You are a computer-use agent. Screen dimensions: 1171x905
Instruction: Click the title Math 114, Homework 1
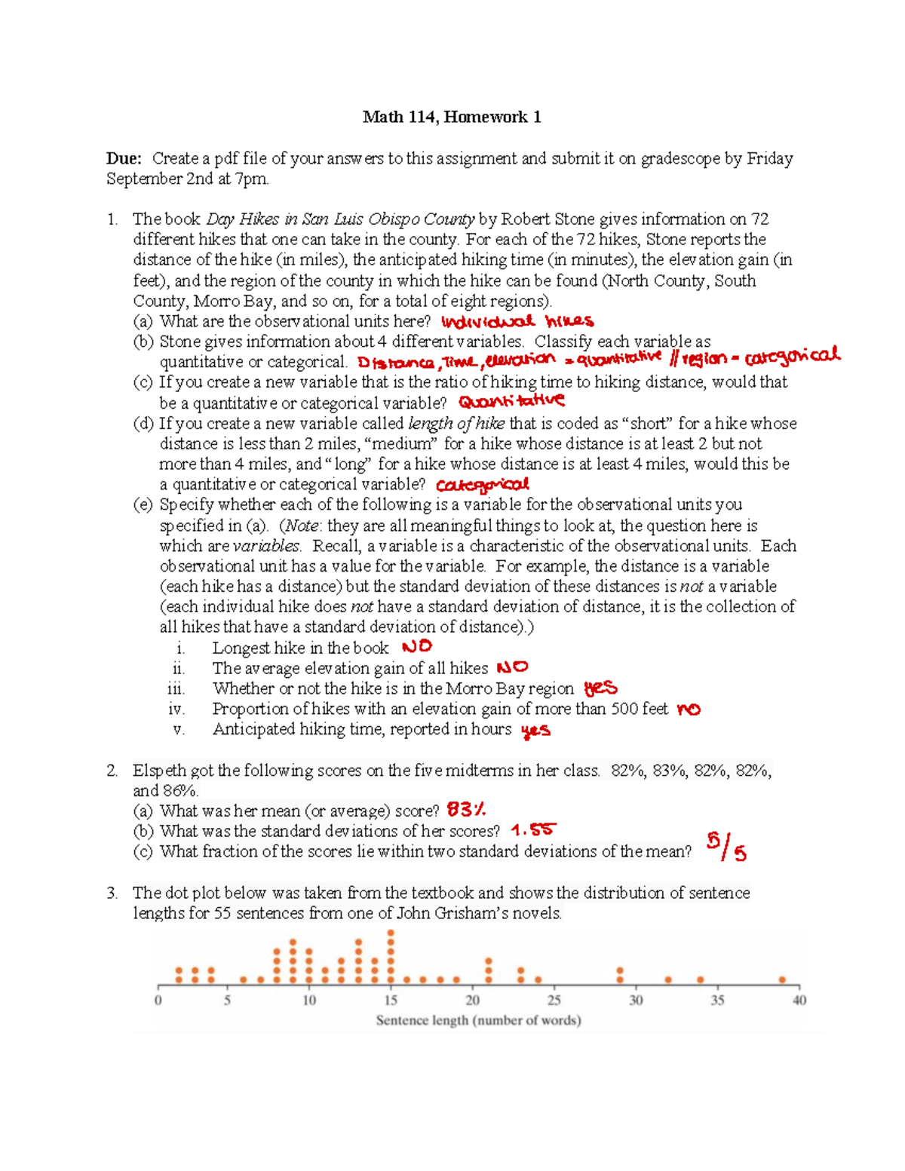(x=451, y=117)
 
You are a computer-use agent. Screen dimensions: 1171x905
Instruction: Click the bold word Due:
(x=124, y=158)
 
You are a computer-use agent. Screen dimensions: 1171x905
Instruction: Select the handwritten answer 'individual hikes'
(x=517, y=322)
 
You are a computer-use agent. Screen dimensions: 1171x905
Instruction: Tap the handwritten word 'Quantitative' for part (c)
(x=511, y=401)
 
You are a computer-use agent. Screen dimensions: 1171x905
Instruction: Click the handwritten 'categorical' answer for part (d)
(x=483, y=485)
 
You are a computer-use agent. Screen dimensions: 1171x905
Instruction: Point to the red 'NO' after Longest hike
(x=417, y=647)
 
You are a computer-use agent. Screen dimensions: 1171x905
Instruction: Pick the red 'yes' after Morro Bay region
(x=600, y=688)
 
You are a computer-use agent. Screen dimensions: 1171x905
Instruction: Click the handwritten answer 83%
(x=466, y=811)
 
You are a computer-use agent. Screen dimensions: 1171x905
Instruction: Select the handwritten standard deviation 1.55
(x=532, y=830)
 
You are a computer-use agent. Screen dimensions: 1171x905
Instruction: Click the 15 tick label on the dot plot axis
(x=391, y=1001)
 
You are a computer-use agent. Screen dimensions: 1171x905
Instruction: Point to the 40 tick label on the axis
(x=799, y=1001)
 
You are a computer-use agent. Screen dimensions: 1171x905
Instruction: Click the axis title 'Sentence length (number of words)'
(x=478, y=1021)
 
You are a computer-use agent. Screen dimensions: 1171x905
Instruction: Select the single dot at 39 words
(x=783, y=979)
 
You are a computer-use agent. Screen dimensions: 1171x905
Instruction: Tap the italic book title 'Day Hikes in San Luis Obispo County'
(x=340, y=219)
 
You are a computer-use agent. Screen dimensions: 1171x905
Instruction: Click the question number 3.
(x=112, y=893)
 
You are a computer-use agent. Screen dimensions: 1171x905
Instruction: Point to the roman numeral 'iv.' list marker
(x=176, y=709)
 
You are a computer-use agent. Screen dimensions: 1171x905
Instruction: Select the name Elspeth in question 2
(x=159, y=771)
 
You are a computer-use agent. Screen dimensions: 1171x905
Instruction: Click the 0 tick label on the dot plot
(x=158, y=1001)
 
